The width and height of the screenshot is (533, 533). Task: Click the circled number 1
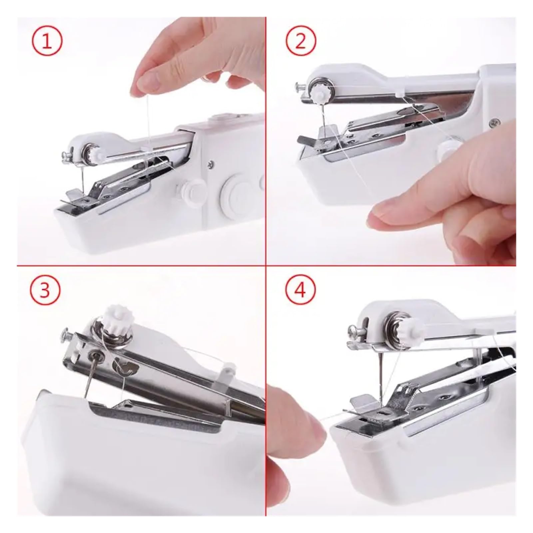point(47,43)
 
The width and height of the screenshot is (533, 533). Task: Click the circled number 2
point(300,43)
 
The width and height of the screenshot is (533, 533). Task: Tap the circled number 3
point(46,289)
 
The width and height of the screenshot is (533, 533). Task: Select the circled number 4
point(300,289)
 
